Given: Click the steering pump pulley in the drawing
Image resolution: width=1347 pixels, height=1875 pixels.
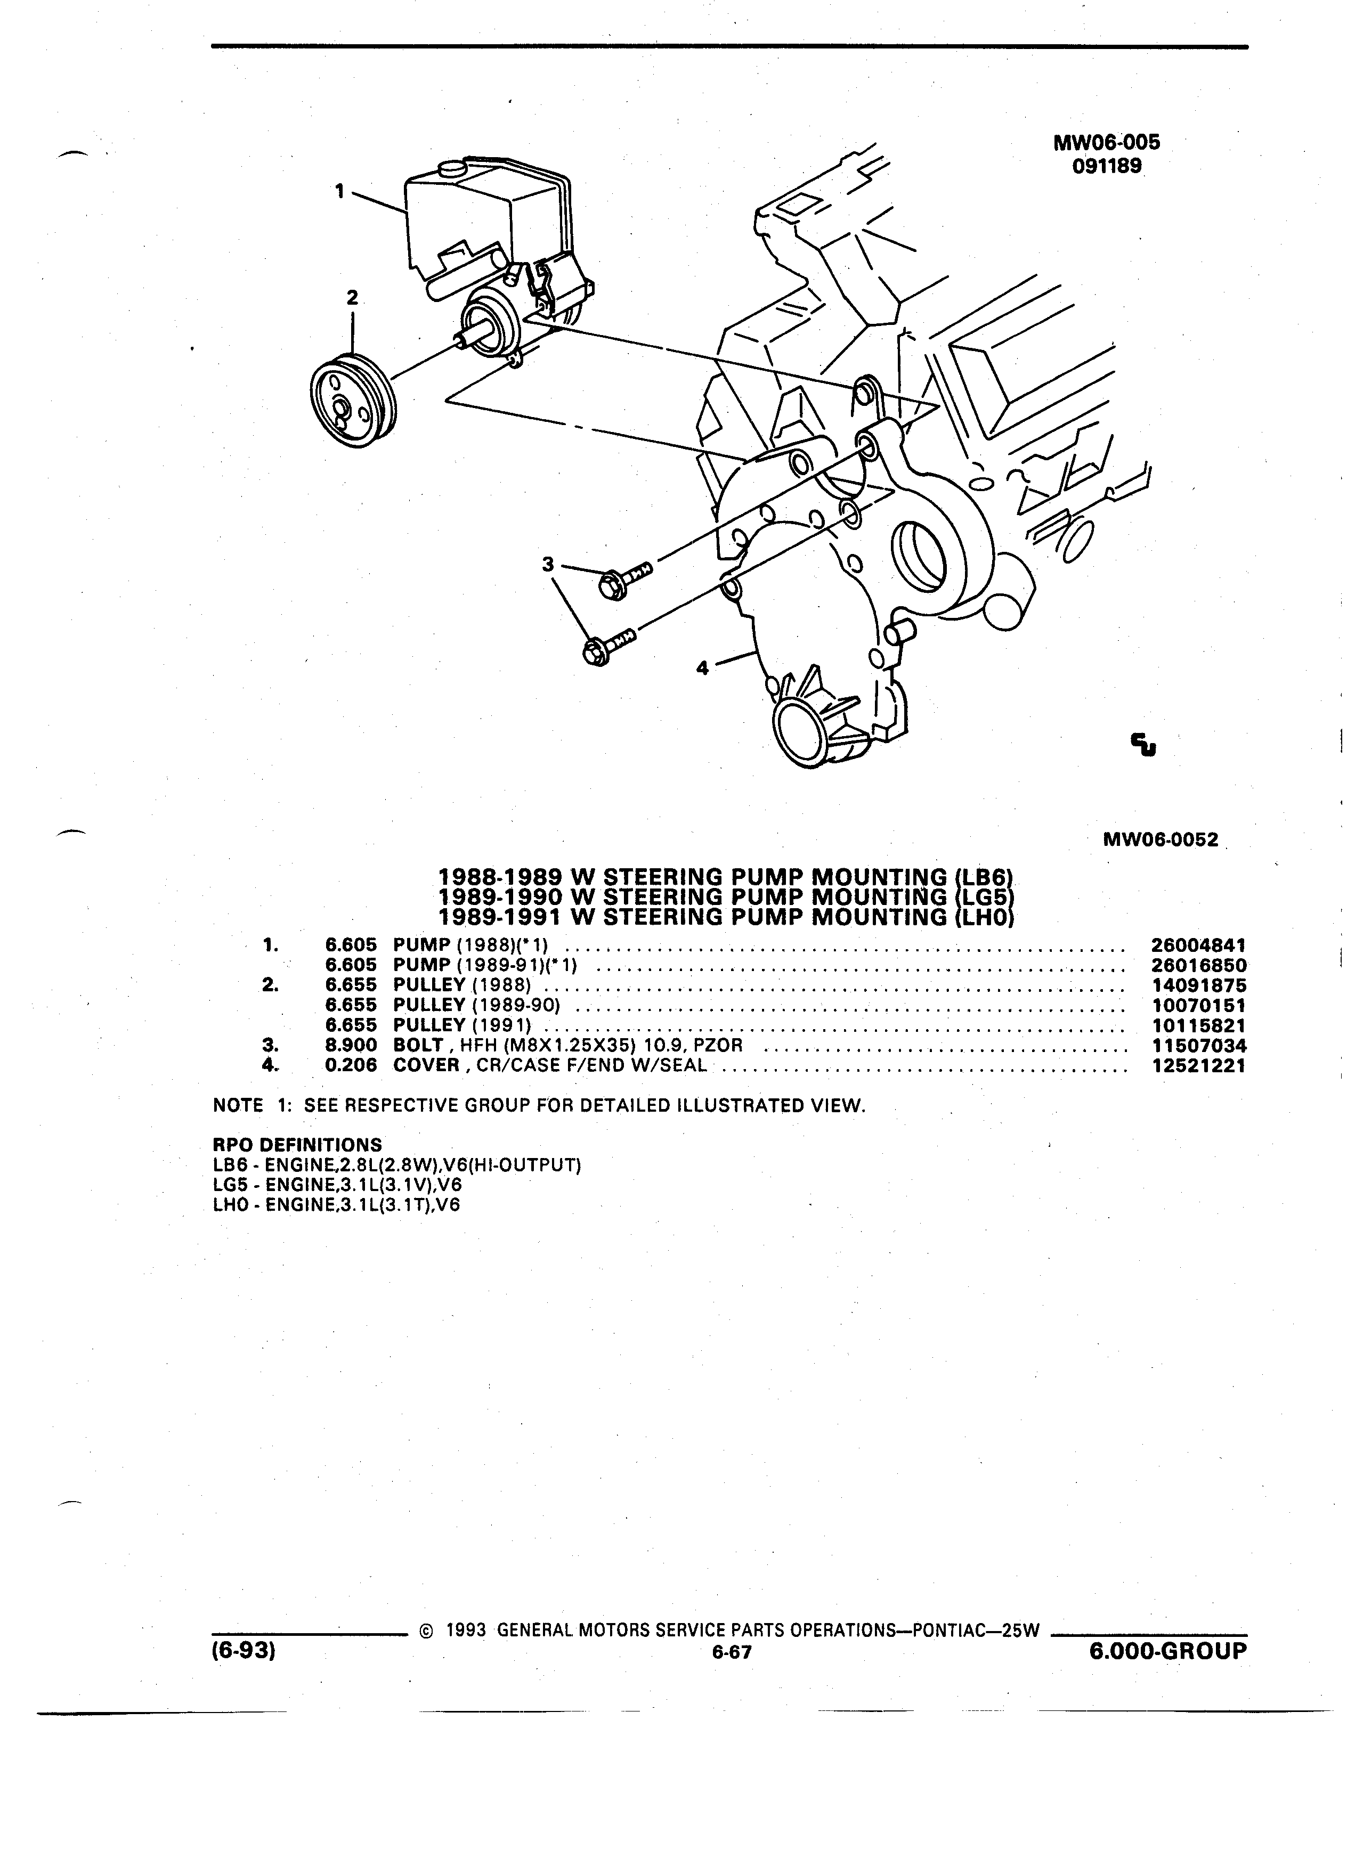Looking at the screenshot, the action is pos(353,401).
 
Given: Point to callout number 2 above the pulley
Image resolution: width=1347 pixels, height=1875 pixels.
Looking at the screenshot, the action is pos(352,298).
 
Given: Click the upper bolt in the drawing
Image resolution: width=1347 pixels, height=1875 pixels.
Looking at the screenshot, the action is pos(623,580).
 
